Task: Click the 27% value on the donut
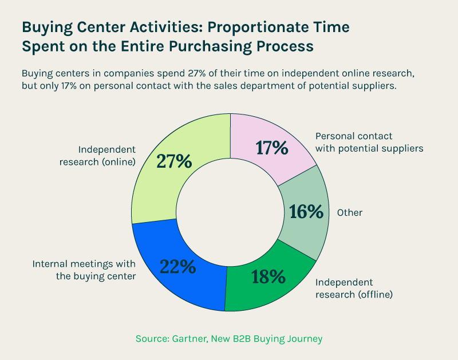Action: point(175,161)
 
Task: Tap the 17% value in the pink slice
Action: point(271,148)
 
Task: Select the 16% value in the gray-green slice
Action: point(306,211)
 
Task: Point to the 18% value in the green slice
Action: point(269,276)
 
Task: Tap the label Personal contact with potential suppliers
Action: point(369,143)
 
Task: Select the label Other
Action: point(349,212)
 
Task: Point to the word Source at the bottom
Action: point(151,339)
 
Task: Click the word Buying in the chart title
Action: point(49,27)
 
